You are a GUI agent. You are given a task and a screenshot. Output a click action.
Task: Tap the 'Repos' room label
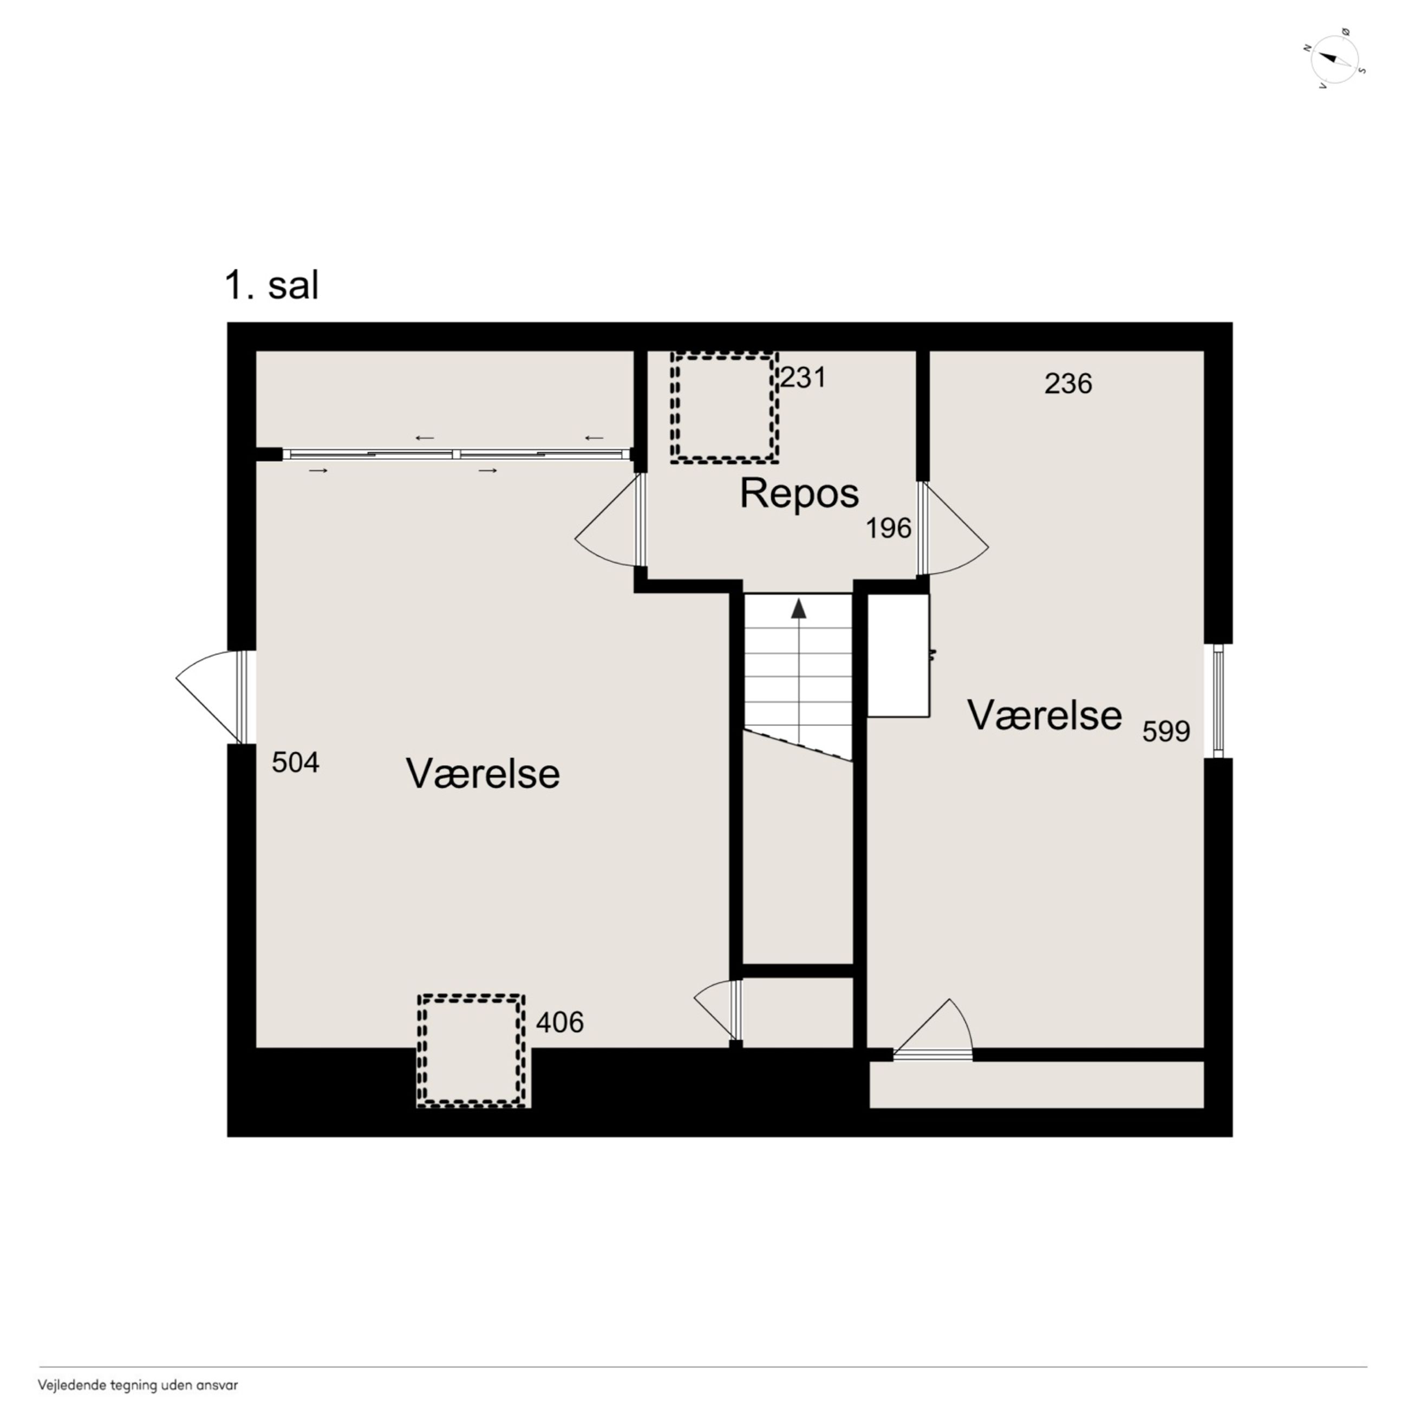click(x=799, y=493)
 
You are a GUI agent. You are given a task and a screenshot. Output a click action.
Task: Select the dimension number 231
click(x=803, y=377)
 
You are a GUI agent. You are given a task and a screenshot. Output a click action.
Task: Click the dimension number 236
click(x=1068, y=383)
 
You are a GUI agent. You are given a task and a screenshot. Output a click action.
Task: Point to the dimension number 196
click(x=888, y=529)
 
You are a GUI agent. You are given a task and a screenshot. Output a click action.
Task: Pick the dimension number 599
click(x=1166, y=731)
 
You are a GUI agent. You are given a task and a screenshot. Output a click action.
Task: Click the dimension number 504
click(x=295, y=762)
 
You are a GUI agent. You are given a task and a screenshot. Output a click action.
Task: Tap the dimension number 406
click(x=560, y=1022)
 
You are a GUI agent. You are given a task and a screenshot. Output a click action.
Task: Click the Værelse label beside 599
click(x=1044, y=715)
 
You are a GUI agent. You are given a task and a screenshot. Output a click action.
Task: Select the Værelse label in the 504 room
click(x=483, y=773)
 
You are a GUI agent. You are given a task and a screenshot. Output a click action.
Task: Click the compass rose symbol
click(x=1334, y=58)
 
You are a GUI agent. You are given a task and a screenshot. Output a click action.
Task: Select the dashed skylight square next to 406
click(x=472, y=1051)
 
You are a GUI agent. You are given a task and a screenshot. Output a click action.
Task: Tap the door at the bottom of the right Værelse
click(x=934, y=1029)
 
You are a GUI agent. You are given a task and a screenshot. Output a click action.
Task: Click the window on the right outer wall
click(x=1218, y=700)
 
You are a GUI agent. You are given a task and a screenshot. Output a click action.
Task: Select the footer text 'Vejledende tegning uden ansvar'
click(x=138, y=1385)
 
